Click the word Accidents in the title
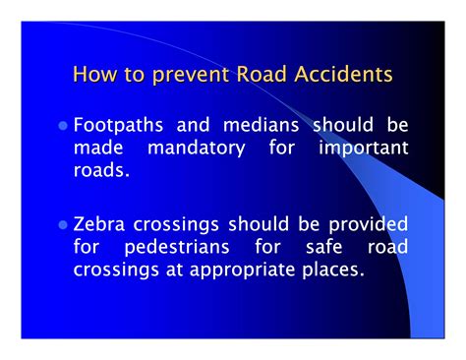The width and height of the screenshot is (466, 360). (343, 75)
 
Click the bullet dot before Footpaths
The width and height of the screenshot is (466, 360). (65, 127)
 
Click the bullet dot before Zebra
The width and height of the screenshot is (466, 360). (65, 225)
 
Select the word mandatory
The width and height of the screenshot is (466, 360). (200, 148)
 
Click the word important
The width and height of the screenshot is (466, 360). (363, 148)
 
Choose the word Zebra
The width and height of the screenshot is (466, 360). (101, 224)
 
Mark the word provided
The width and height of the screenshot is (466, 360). (358, 224)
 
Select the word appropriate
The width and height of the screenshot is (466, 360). (241, 268)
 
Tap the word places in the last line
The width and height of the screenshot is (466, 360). (331, 268)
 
